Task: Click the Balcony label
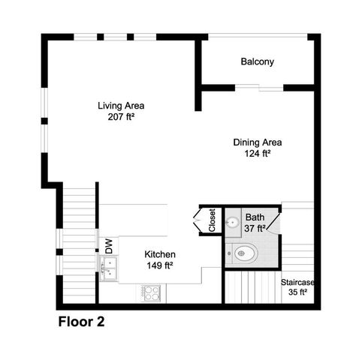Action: click(257, 61)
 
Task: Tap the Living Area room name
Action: click(121, 105)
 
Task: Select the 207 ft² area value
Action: click(121, 117)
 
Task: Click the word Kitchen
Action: click(160, 254)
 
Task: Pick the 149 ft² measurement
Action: click(159, 265)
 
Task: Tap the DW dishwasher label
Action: click(108, 244)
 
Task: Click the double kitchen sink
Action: click(109, 268)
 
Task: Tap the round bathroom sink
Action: click(233, 222)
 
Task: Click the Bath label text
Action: click(255, 217)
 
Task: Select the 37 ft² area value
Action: click(255, 228)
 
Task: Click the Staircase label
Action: click(297, 282)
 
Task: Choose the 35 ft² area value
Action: click(298, 293)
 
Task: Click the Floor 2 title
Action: click(81, 323)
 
